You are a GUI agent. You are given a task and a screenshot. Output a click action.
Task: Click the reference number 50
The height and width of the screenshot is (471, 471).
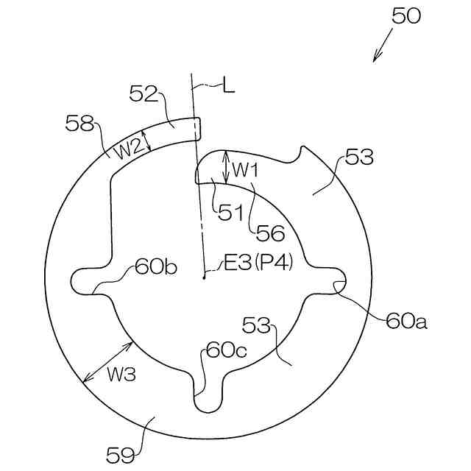(406, 15)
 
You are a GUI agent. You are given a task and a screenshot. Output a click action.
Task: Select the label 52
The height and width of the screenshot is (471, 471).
(144, 93)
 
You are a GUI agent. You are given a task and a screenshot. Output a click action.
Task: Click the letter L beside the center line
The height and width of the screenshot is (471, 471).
(229, 86)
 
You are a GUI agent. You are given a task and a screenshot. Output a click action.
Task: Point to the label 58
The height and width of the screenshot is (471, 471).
(79, 122)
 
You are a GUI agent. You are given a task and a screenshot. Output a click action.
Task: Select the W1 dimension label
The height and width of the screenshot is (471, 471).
(246, 169)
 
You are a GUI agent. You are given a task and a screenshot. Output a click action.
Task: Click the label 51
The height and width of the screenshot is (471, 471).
(230, 213)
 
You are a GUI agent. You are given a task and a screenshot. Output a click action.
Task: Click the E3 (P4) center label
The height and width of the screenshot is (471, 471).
(258, 263)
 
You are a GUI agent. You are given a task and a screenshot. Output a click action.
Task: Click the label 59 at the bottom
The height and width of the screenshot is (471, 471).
(121, 456)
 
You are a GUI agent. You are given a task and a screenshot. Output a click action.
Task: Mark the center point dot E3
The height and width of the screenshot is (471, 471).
(203, 278)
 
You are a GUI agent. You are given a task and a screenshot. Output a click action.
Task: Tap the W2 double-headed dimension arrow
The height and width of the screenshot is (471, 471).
(145, 139)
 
